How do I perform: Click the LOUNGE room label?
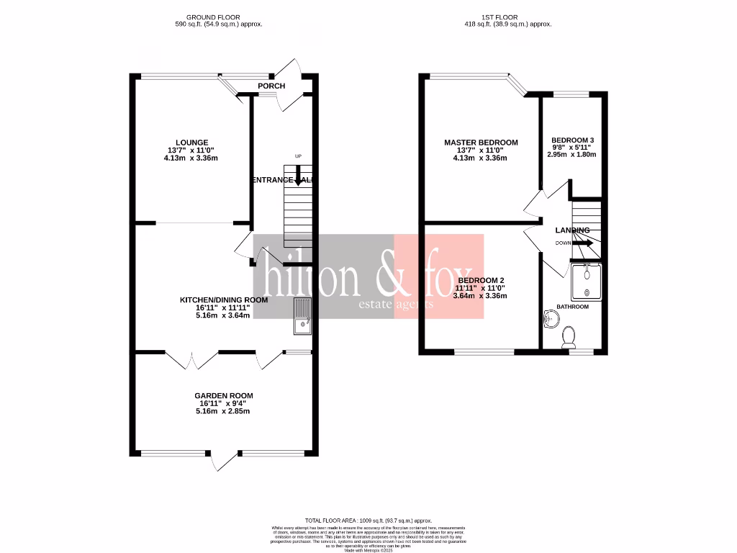pyautogui.click(x=191, y=143)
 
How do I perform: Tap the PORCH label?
pyautogui.click(x=271, y=86)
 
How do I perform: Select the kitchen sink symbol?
pyautogui.click(x=302, y=318)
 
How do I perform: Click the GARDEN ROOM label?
pyautogui.click(x=223, y=396)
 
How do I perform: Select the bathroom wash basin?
pyautogui.click(x=550, y=318)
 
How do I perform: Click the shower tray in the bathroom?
pyautogui.click(x=587, y=282)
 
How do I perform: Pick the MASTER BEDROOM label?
pyautogui.click(x=480, y=143)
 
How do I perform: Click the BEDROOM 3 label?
pyautogui.click(x=572, y=140)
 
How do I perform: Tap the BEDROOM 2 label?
pyautogui.click(x=481, y=280)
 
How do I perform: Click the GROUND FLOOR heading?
pyautogui.click(x=213, y=17)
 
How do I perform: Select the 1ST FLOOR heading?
pyautogui.click(x=501, y=17)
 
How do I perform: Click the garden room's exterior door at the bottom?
pyautogui.click(x=225, y=461)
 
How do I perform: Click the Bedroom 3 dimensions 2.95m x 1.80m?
pyautogui.click(x=572, y=154)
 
